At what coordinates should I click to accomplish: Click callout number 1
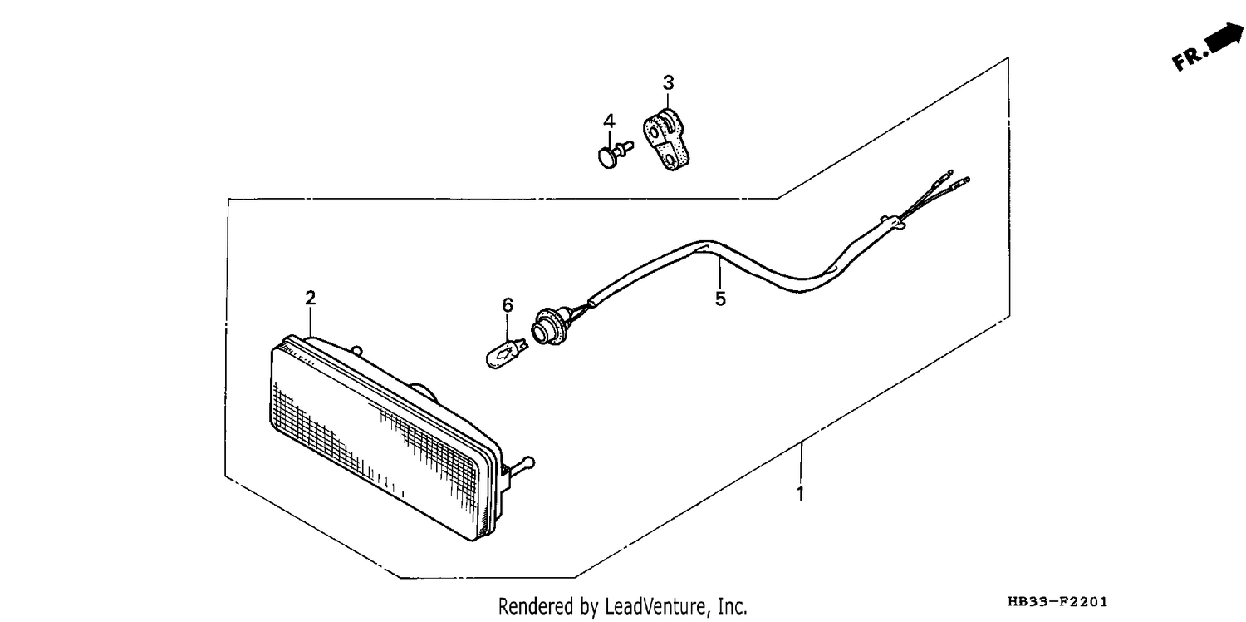800,493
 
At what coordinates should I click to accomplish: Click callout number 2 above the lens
311,298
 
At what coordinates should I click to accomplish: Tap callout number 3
668,82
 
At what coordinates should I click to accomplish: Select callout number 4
609,121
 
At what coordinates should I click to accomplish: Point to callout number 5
720,299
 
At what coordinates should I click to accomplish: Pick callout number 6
508,305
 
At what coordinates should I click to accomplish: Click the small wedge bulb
507,353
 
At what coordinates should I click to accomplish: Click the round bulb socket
547,328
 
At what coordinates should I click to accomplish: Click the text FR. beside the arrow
1189,58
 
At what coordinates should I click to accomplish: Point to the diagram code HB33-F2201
1057,601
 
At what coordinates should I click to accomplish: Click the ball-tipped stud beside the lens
521,466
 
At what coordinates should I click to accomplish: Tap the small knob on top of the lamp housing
358,351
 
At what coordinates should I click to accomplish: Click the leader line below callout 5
719,274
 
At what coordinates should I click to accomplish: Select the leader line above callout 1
800,462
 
